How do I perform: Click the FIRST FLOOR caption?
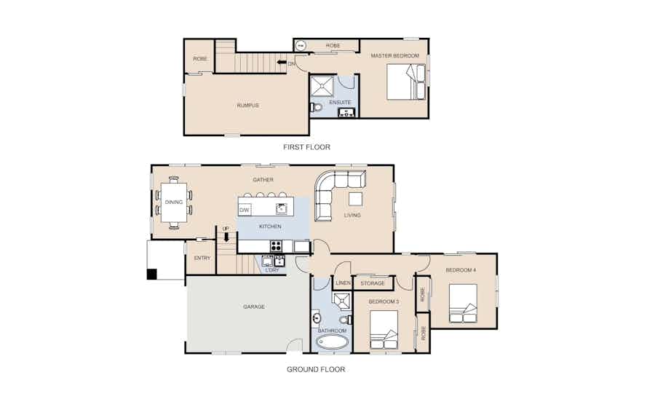coord(306,147)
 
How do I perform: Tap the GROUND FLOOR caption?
coord(316,369)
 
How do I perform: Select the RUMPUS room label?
coord(247,106)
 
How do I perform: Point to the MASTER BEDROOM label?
coord(394,55)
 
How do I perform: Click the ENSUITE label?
coord(340,103)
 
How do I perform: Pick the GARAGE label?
coord(254,307)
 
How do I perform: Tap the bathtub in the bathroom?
coord(333,343)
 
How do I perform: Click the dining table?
coord(174,202)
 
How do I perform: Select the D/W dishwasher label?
coord(245,210)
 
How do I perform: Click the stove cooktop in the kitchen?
coord(276,245)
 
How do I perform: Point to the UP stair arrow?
coord(226,237)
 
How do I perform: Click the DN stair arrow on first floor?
coord(282,63)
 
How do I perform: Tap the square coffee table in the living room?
coord(355,199)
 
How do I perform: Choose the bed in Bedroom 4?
coord(464,304)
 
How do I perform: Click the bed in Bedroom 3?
coord(384,330)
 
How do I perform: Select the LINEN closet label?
coord(344,283)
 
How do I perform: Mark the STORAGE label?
coord(373,283)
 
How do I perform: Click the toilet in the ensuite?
coord(317,107)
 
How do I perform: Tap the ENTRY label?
coord(202,259)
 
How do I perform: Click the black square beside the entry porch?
coord(151,274)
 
